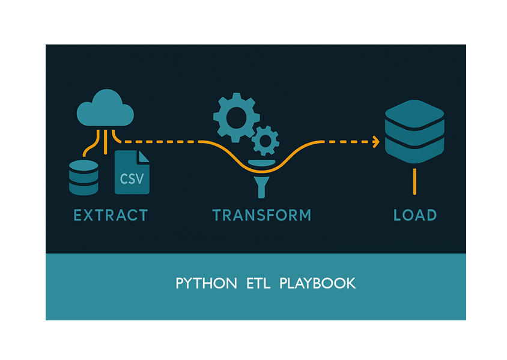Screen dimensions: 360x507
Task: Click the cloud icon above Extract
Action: point(105,108)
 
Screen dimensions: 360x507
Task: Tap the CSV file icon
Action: point(132,172)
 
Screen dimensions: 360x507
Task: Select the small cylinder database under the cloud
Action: point(83,177)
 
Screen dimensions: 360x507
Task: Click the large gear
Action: point(236,117)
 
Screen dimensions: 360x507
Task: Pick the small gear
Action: point(265,141)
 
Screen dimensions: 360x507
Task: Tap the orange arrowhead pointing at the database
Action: point(376,142)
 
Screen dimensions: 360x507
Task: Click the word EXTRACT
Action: point(110,215)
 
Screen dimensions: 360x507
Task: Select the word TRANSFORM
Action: point(262,215)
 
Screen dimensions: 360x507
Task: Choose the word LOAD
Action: point(414,215)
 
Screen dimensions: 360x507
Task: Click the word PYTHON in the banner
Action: point(206,284)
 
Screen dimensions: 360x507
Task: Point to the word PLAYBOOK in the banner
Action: point(317,284)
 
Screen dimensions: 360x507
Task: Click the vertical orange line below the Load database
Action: point(414,182)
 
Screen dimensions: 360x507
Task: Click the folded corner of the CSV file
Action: point(144,156)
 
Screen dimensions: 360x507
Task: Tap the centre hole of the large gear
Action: point(236,117)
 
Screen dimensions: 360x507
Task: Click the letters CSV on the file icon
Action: point(132,179)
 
